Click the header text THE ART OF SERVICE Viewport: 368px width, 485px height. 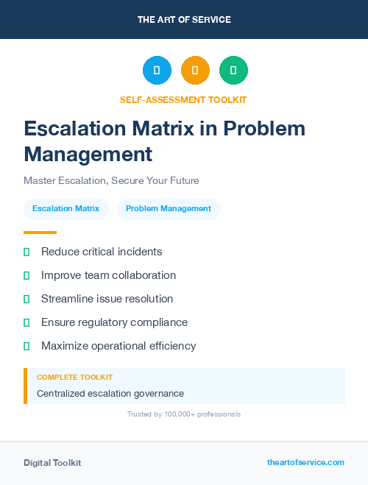click(x=184, y=20)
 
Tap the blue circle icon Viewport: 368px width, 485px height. click(x=157, y=71)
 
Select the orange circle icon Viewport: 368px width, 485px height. click(x=195, y=71)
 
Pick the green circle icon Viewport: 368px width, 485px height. click(x=233, y=71)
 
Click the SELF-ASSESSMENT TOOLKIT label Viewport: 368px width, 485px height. click(x=183, y=99)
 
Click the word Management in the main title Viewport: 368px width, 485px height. click(x=88, y=154)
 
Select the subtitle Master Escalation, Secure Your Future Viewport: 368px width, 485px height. click(x=111, y=180)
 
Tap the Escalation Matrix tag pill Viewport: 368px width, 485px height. click(x=66, y=209)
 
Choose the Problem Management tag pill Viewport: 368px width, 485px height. click(x=169, y=209)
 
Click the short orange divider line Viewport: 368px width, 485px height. click(x=40, y=233)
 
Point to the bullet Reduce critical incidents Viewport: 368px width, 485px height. click(x=102, y=252)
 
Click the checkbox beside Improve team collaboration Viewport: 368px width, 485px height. click(x=26, y=275)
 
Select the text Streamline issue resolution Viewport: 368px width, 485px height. click(x=107, y=299)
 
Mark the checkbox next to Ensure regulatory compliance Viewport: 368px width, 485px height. click(x=26, y=322)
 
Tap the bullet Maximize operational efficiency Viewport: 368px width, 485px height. click(x=118, y=346)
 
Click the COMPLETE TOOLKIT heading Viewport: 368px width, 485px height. click(x=74, y=377)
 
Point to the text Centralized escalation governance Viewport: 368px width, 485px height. click(x=110, y=394)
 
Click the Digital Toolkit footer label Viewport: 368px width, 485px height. click(x=52, y=463)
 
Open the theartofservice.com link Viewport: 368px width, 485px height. click(x=305, y=462)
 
